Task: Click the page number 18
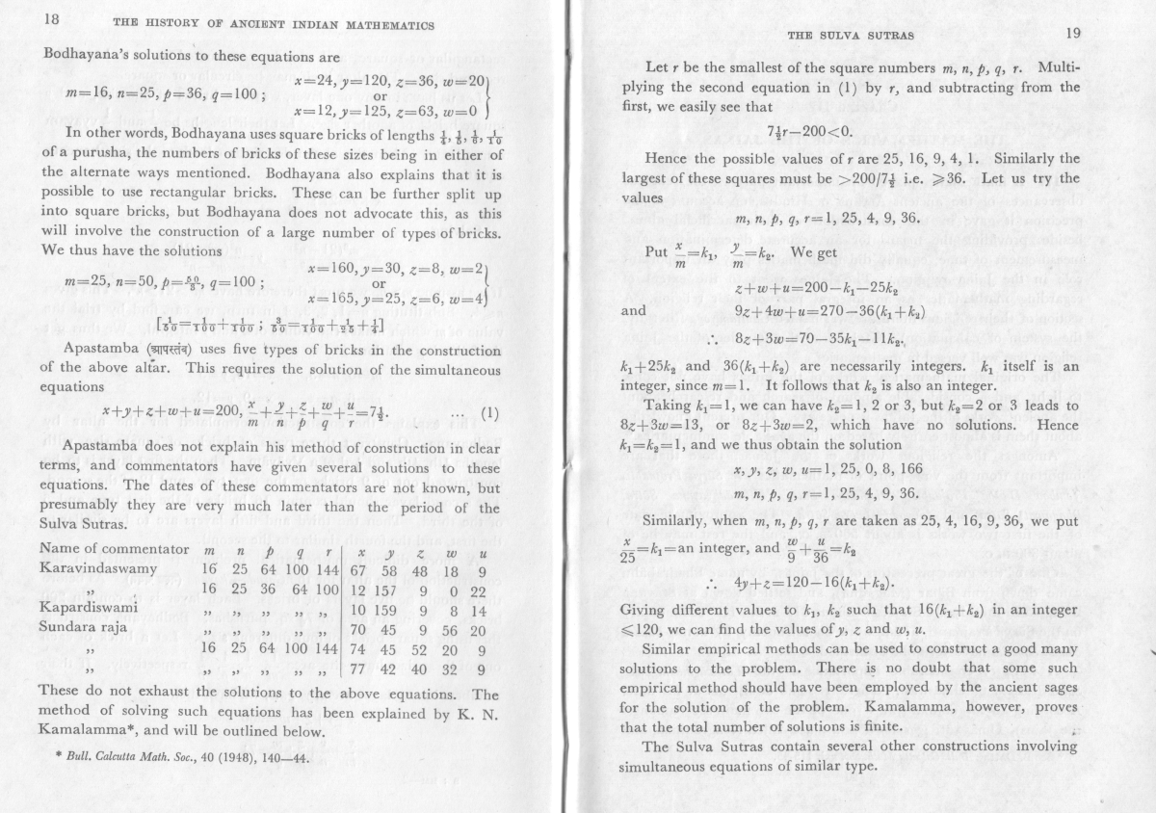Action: click(x=25, y=19)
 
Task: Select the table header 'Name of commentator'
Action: click(x=115, y=548)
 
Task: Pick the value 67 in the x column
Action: click(x=358, y=568)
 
